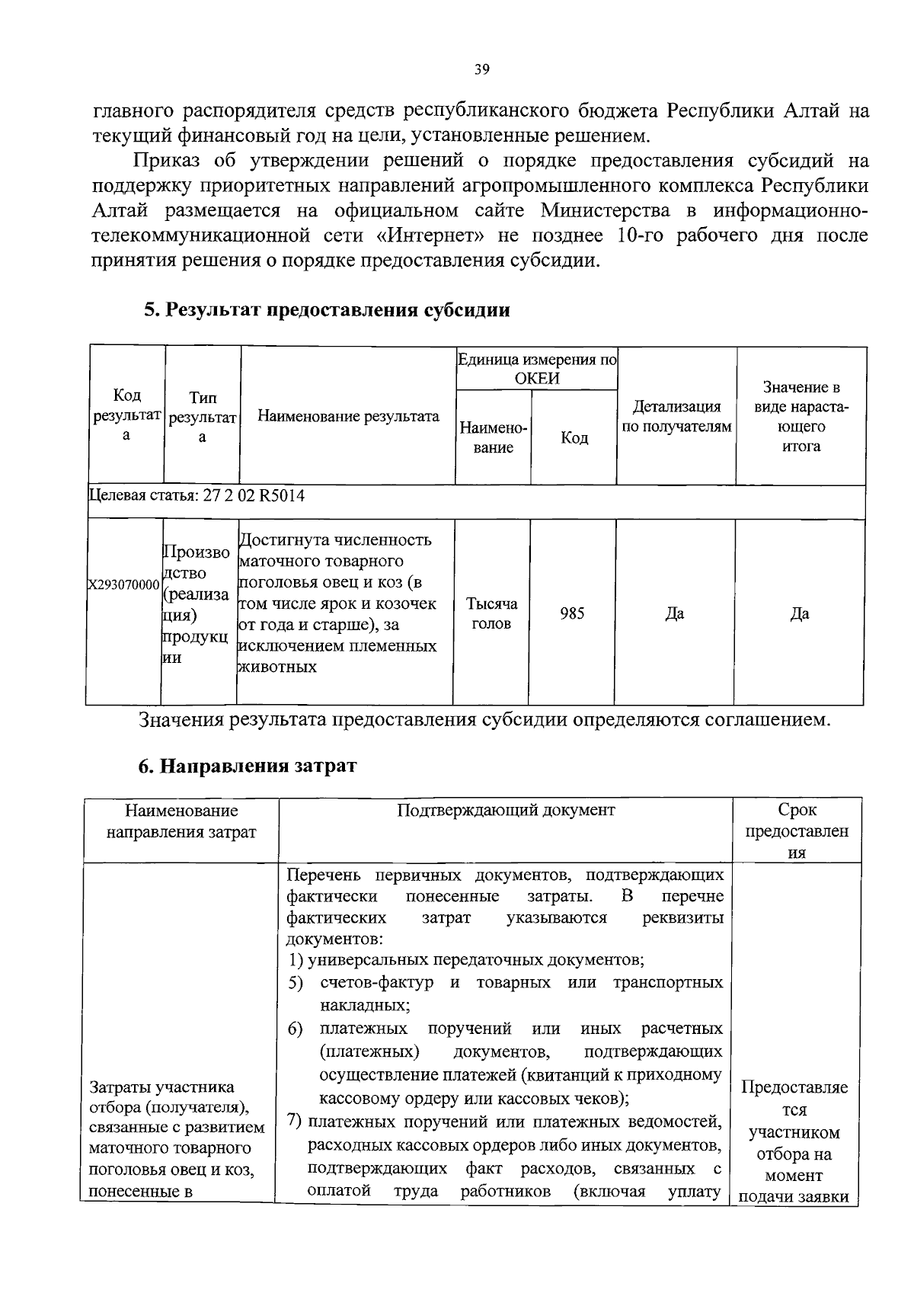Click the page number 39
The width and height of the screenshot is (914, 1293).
point(481,69)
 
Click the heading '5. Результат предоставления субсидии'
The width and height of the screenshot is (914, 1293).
point(327,310)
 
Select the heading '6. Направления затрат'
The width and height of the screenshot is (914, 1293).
point(247,766)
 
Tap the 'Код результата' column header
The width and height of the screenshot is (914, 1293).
point(126,415)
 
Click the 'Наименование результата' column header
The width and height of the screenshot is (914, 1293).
point(348,416)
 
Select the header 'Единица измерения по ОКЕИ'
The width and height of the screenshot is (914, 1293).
point(536,369)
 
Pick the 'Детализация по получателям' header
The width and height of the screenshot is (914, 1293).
point(676,416)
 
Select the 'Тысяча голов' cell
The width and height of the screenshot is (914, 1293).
point(492,614)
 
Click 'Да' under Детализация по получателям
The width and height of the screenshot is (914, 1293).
point(674,614)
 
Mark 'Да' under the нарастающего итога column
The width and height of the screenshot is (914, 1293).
point(799,614)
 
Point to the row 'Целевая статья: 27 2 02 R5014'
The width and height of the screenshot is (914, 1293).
point(197,496)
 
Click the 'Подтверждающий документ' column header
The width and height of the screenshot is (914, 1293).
point(506,810)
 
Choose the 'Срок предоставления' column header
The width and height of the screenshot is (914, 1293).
point(797,831)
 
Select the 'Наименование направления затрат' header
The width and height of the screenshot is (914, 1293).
point(181,821)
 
